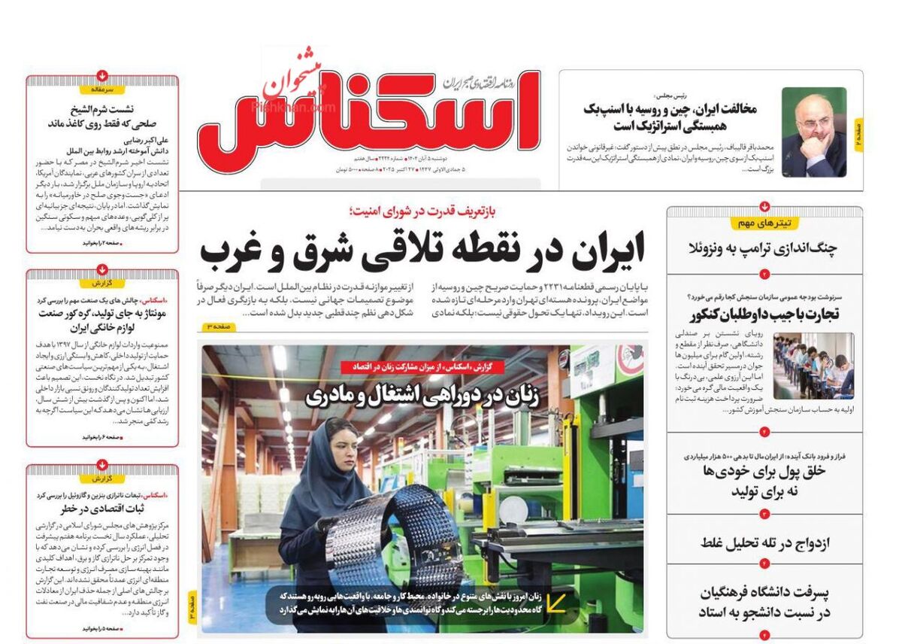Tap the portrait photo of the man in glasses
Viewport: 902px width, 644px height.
tap(814, 132)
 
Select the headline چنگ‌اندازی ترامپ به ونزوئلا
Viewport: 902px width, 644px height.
tap(763, 248)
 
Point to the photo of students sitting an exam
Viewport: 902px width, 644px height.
tap(813, 366)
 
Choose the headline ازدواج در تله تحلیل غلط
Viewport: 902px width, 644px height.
tap(764, 542)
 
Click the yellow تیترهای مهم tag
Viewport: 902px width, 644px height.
tap(764, 223)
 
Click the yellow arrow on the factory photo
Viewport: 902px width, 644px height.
tap(556, 602)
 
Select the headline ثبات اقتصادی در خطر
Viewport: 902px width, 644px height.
tap(102, 509)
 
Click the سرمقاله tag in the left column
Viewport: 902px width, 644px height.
tap(102, 89)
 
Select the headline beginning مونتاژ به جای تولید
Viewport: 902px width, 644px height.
tap(102, 314)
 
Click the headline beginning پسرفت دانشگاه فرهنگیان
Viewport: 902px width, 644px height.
tap(764, 603)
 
